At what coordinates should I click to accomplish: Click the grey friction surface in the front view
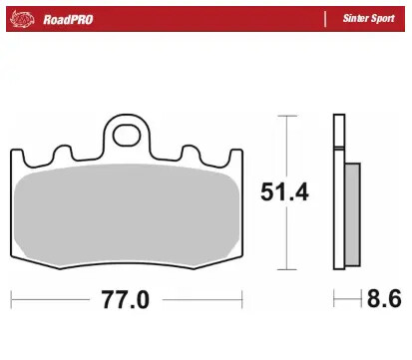pyautogui.click(x=127, y=214)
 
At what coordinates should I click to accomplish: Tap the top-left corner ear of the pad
pyautogui.click(x=18, y=157)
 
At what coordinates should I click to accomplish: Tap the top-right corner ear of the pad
pyautogui.click(x=235, y=157)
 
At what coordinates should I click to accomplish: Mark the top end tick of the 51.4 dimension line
pyautogui.click(x=287, y=117)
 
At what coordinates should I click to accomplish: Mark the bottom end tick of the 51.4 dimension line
pyautogui.click(x=287, y=269)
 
